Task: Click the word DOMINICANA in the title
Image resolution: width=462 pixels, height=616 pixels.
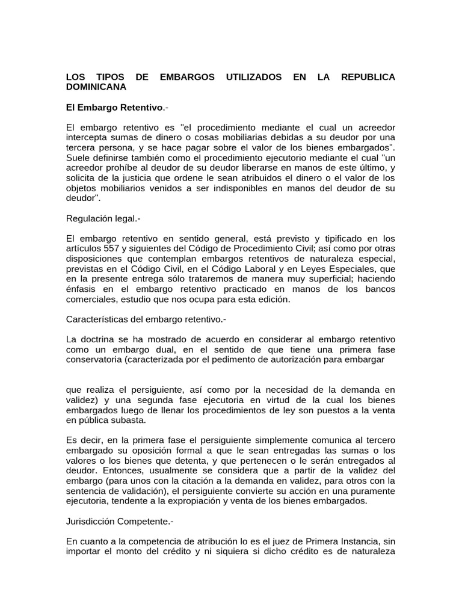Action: coord(96,87)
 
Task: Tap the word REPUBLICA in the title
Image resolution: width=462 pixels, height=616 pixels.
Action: coord(368,77)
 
